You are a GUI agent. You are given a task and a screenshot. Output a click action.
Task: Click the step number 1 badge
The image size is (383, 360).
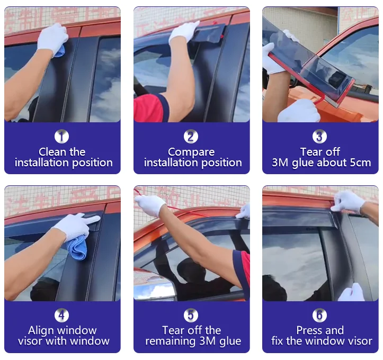61,136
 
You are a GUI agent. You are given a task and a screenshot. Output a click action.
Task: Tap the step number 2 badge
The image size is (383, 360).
191,136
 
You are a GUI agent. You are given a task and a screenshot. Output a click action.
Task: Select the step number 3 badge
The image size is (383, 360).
319,136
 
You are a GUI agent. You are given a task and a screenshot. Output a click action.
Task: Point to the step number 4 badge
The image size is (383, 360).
61,315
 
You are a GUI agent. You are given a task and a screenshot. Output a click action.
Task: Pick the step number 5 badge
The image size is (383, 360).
191,315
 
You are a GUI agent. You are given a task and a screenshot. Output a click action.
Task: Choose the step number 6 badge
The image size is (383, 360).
319,315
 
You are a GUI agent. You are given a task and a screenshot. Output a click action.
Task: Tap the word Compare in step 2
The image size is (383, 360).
191,152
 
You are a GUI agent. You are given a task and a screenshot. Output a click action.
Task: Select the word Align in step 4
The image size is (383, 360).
41,331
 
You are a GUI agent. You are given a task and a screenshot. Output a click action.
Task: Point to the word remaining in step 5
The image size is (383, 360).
171,341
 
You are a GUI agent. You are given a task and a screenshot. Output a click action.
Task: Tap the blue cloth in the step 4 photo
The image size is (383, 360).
77,247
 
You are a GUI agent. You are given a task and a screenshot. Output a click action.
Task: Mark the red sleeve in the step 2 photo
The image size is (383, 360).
149,108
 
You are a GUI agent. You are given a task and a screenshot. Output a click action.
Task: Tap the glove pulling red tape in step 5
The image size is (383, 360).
150,205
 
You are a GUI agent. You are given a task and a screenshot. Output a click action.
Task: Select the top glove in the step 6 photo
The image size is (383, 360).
348,202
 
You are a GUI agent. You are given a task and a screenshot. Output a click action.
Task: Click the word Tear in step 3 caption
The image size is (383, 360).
310,152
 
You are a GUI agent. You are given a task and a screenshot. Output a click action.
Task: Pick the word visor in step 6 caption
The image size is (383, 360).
360,341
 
